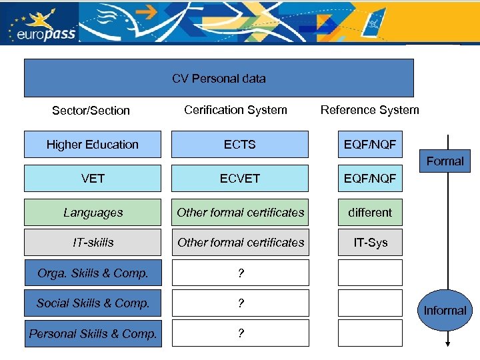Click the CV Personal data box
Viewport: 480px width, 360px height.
pos(219,78)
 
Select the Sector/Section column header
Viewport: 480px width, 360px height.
pos(91,111)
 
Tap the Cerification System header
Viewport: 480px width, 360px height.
pos(235,110)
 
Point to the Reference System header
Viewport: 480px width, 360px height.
pos(370,110)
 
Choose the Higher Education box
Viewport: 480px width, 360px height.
pos(93,144)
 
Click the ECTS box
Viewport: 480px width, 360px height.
pos(240,144)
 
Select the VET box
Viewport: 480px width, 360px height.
pos(93,179)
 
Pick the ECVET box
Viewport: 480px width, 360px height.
pos(240,179)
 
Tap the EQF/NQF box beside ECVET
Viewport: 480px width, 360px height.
pos(370,179)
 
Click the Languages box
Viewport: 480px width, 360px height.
pos(93,213)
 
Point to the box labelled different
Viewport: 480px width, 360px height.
pos(370,213)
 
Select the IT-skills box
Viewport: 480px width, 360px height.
pos(93,243)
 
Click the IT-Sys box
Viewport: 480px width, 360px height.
pos(370,243)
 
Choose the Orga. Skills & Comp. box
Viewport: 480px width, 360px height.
pos(93,273)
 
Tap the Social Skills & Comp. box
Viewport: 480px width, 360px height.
pos(93,303)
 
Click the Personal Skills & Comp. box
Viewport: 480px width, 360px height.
pos(93,333)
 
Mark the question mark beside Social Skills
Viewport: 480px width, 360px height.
pos(240,303)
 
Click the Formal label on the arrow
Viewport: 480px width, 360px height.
pos(445,161)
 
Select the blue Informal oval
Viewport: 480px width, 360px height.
pos(445,310)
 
